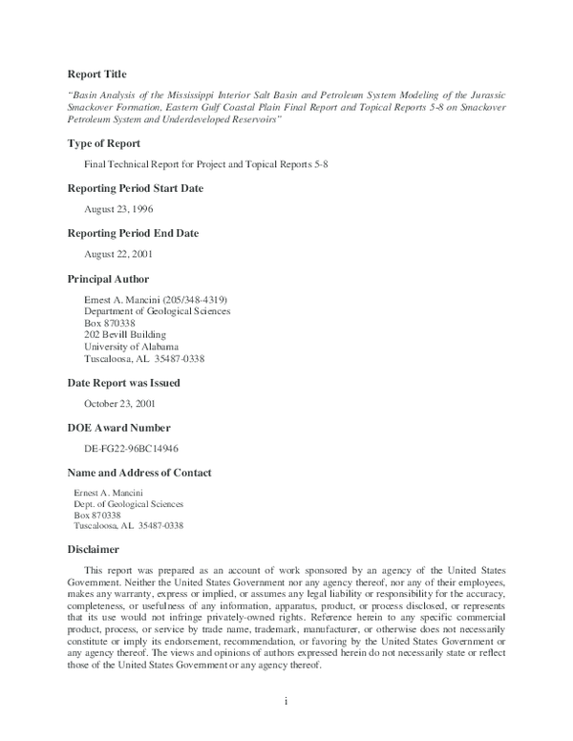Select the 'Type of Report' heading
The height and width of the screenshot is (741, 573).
(104, 143)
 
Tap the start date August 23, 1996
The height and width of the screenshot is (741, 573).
(118, 209)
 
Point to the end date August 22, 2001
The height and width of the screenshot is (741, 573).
(118, 255)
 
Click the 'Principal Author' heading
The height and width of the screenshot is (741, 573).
(108, 279)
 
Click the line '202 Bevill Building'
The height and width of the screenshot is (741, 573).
(125, 335)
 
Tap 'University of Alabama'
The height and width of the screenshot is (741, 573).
(131, 348)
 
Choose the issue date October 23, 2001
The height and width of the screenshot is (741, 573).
(121, 403)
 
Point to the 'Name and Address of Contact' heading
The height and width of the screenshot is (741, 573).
(139, 473)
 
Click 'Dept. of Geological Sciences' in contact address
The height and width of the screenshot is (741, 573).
(129, 503)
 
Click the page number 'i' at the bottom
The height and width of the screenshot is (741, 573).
(286, 702)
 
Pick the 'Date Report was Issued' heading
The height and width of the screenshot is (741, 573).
(123, 382)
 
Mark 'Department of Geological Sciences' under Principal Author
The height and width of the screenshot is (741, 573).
(157, 311)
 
